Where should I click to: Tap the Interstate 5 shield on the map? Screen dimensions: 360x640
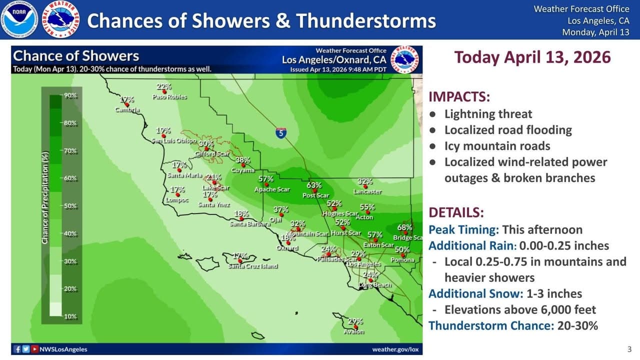(281, 133)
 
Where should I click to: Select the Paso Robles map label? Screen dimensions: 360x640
(169, 96)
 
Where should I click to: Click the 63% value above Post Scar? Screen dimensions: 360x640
(314, 185)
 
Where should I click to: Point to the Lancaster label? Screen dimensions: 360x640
(367, 191)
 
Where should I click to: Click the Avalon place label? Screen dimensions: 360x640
(354, 331)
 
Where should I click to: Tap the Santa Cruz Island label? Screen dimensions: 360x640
(253, 266)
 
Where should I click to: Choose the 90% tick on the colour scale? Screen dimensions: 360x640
(70, 95)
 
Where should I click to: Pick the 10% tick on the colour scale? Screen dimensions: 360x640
(70, 316)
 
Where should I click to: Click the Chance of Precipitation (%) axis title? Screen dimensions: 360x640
(45, 205)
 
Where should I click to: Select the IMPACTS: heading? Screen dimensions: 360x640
(459, 97)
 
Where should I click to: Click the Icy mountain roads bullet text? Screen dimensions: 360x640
(497, 146)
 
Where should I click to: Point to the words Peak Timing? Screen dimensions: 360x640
(463, 230)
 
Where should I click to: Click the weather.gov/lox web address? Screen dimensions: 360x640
(395, 349)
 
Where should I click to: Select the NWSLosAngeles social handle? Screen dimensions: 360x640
(63, 349)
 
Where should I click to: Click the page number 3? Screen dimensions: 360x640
(629, 349)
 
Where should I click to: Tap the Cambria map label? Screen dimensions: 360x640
(127, 109)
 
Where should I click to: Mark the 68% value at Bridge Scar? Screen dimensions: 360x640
(405, 227)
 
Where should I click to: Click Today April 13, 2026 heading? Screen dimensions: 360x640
(532, 57)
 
